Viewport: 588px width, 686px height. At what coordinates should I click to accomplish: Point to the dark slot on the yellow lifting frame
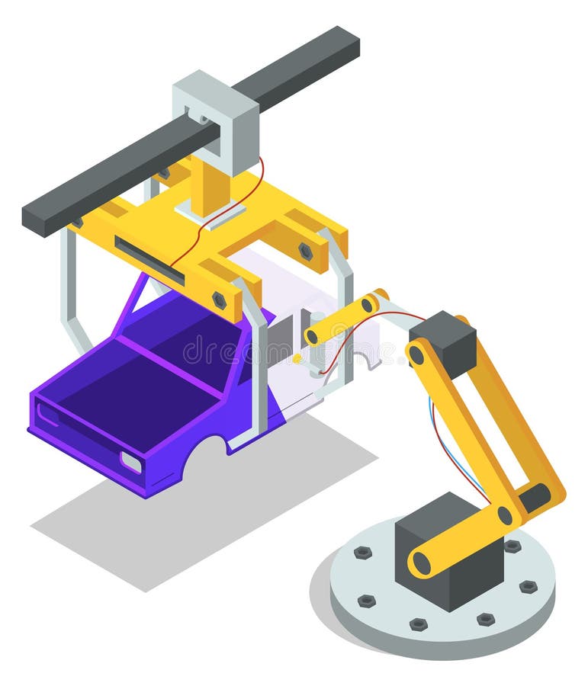[x=149, y=260]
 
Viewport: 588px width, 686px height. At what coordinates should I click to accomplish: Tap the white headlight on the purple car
[x=130, y=462]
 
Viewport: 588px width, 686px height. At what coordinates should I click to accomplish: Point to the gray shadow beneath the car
[x=191, y=518]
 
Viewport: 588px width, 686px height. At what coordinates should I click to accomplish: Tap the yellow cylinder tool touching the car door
[x=343, y=320]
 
